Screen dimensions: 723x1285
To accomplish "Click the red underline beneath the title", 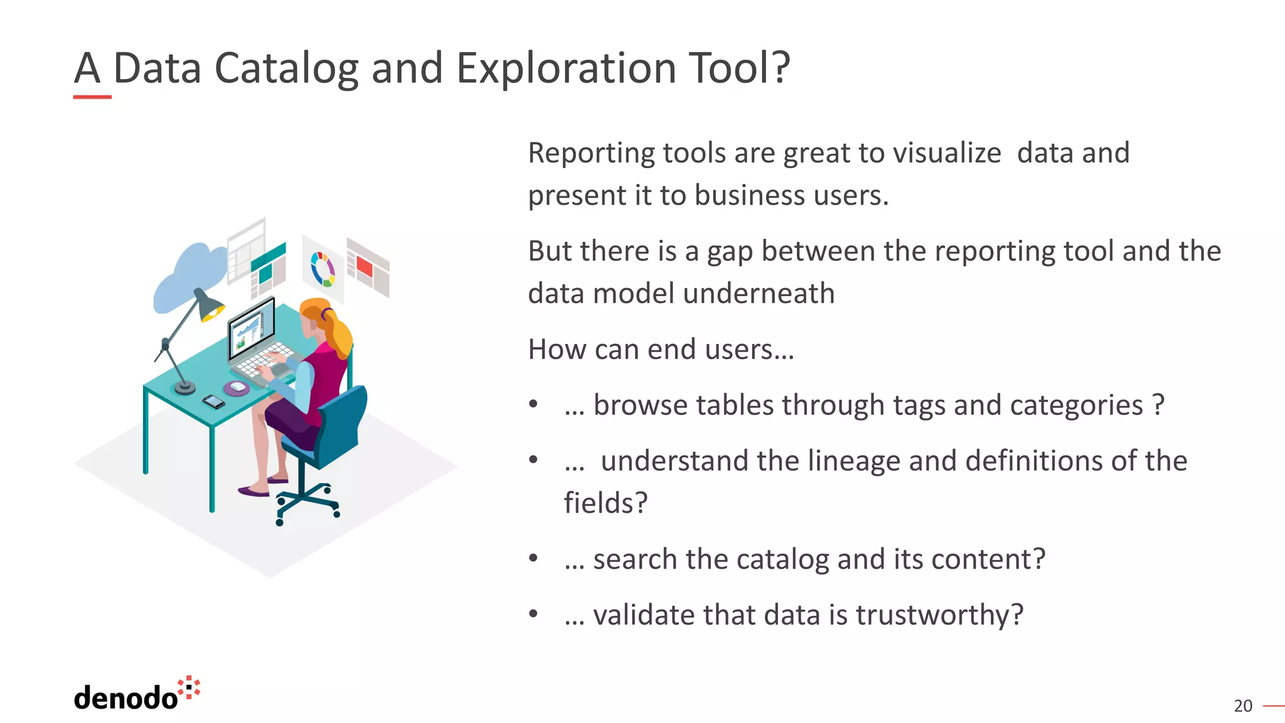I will pos(92,97).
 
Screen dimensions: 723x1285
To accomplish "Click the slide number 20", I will pos(1242,706).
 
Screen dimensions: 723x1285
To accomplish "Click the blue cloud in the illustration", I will pos(188,276).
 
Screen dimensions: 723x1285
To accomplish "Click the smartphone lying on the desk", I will pos(213,401).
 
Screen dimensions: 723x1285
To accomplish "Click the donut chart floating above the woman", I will pos(323,269).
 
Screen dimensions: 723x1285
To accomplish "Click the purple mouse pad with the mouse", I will pos(237,388).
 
